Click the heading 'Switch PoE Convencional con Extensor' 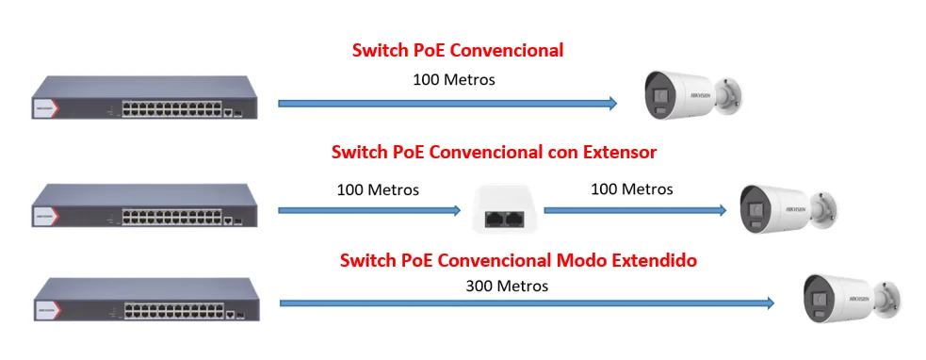tap(494, 153)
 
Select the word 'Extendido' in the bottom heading tap(655, 260)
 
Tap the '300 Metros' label tap(507, 286)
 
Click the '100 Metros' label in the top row tap(453, 79)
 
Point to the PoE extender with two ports tap(502, 210)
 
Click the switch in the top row tap(145, 97)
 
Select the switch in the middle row tap(145, 205)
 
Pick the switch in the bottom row tap(146, 299)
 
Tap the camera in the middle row tap(788, 209)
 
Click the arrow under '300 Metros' tap(527, 303)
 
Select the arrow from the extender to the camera tap(635, 210)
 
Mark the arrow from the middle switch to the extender tap(369, 210)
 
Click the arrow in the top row tap(447, 104)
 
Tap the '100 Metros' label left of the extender tap(378, 189)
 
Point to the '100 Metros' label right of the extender tap(632, 189)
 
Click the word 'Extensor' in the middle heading tap(620, 153)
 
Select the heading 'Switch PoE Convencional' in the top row tap(458, 51)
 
